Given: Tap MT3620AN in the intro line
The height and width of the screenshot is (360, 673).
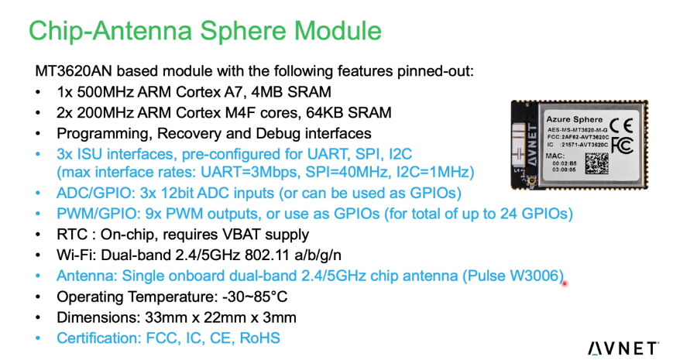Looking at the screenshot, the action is [x=74, y=70].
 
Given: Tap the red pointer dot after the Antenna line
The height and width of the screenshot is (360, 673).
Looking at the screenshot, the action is [x=565, y=283].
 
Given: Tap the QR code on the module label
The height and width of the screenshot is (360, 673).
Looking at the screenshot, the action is [x=597, y=163].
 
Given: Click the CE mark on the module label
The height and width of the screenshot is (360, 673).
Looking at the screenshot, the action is [x=621, y=125].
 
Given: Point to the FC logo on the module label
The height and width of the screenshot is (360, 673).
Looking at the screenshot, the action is [x=623, y=145].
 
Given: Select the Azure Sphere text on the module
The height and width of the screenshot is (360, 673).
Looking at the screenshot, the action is [x=575, y=119].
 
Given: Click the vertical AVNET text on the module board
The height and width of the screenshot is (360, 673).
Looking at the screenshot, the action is [x=532, y=144].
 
